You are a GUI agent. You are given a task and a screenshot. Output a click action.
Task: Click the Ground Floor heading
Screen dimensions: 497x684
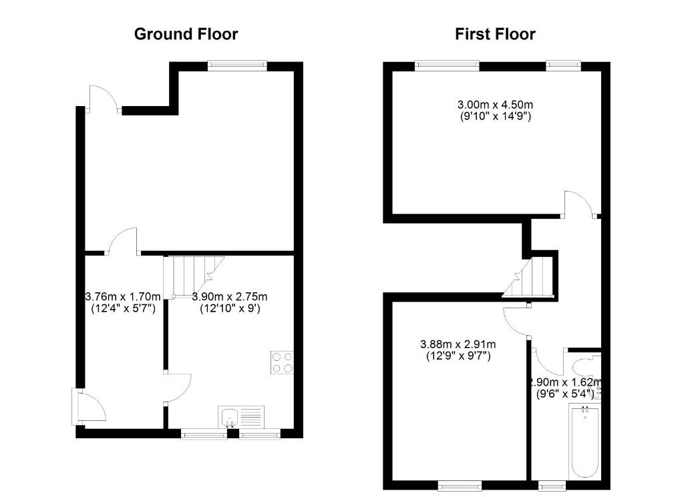(x=186, y=34)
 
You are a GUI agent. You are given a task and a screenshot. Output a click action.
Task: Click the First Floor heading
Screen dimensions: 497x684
(x=495, y=34)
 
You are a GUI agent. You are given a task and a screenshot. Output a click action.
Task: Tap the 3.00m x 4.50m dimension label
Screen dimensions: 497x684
(x=495, y=105)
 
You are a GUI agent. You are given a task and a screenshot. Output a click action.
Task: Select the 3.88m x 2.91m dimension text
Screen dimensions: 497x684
(x=458, y=344)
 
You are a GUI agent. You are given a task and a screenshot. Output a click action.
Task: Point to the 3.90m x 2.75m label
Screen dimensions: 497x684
(x=230, y=297)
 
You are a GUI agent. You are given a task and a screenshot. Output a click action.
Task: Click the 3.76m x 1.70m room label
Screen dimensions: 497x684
(x=123, y=297)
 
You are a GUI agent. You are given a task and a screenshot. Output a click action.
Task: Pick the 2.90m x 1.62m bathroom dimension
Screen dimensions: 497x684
(x=565, y=382)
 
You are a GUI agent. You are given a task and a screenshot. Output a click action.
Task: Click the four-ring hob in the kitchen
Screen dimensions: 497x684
(x=282, y=362)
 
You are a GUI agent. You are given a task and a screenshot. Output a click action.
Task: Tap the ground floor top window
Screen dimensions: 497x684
(x=236, y=65)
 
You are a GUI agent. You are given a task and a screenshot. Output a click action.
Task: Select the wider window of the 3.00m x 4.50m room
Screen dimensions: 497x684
(x=446, y=65)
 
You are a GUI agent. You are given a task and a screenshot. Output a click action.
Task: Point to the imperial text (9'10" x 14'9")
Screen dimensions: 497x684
(x=495, y=116)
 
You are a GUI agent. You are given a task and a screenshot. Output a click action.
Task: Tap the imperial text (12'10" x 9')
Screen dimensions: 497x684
(x=230, y=308)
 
